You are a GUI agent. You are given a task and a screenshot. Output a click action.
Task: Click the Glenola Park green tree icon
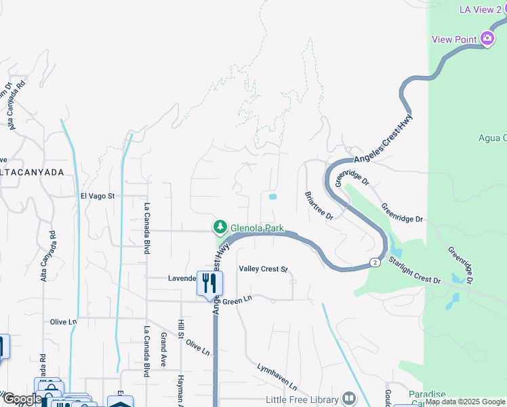(220, 227)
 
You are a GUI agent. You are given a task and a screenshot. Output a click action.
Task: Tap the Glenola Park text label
(257, 228)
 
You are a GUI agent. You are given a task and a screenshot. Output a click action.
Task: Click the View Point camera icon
(487, 39)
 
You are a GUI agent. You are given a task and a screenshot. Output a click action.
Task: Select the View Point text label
(455, 39)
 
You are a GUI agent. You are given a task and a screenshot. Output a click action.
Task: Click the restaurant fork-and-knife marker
(209, 282)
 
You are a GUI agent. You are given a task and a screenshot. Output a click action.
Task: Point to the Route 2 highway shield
(374, 262)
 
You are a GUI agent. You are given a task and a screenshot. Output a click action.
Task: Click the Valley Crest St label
(263, 269)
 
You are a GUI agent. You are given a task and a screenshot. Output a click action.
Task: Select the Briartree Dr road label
(319, 204)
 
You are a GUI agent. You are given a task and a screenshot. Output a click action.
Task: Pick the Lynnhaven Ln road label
(277, 376)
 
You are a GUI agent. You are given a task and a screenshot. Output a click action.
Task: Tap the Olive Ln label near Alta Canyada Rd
(64, 322)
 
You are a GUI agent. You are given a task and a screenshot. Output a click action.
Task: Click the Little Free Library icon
(349, 398)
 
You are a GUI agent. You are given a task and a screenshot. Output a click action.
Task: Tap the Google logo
(22, 400)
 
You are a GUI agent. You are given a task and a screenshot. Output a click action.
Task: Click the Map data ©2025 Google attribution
(465, 402)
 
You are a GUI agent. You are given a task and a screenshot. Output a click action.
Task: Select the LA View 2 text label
(482, 9)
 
